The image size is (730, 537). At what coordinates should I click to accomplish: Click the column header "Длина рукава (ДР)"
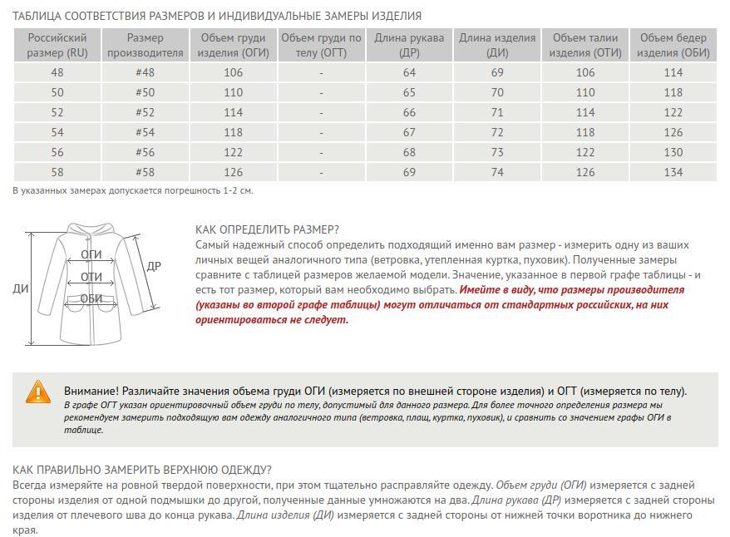pos(409,45)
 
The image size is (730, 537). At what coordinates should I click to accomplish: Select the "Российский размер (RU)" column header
pos(57,45)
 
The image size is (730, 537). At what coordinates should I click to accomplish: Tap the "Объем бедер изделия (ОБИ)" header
pos(673,45)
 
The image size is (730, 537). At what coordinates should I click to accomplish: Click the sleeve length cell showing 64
pos(409,72)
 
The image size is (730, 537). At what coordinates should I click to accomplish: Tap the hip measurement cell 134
pos(673,172)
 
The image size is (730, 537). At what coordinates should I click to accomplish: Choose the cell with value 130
pos(673,152)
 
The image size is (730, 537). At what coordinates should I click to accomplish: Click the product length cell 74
pos(497,172)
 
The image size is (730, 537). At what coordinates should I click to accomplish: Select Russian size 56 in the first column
pos(57,152)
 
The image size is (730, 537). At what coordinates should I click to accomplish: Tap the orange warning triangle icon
pos(38,392)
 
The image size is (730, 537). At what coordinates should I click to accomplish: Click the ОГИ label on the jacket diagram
pos(91,254)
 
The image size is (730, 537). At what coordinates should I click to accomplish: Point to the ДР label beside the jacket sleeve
pos(154,267)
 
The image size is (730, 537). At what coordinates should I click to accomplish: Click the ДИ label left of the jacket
pos(20,289)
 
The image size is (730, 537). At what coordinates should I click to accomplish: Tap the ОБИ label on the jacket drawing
pos(91,299)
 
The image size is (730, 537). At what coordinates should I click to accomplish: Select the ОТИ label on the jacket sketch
pos(91,277)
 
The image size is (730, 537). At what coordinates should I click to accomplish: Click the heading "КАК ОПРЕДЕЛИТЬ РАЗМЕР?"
pos(267,229)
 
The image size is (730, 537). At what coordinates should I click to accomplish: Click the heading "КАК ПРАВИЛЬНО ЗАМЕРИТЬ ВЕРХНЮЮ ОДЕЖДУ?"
pos(142,470)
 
